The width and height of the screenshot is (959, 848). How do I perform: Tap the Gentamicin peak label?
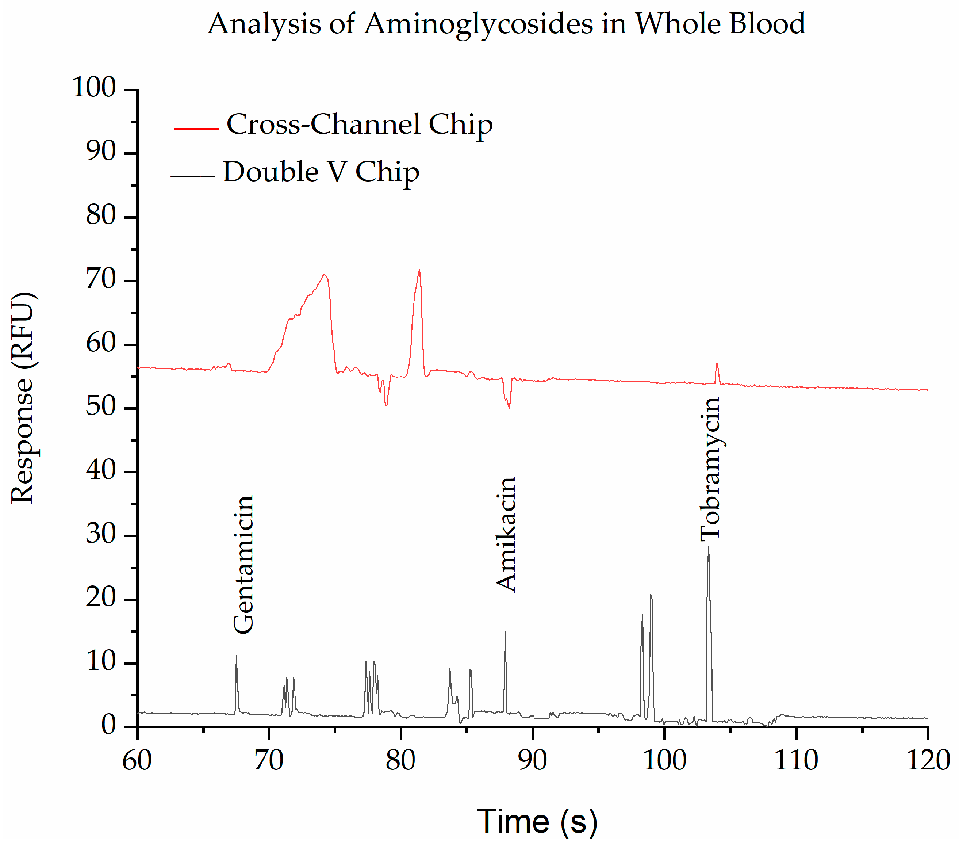243,564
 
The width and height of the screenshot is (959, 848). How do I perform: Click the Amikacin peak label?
506,535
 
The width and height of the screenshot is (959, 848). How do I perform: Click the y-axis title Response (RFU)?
23,398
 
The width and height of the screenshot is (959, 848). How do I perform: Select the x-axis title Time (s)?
537,821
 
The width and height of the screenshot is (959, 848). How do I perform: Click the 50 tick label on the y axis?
100,407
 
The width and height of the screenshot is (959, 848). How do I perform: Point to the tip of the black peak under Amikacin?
505,632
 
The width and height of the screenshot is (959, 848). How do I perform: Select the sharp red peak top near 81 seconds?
419,270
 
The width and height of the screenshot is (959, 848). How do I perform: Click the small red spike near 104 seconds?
717,363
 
